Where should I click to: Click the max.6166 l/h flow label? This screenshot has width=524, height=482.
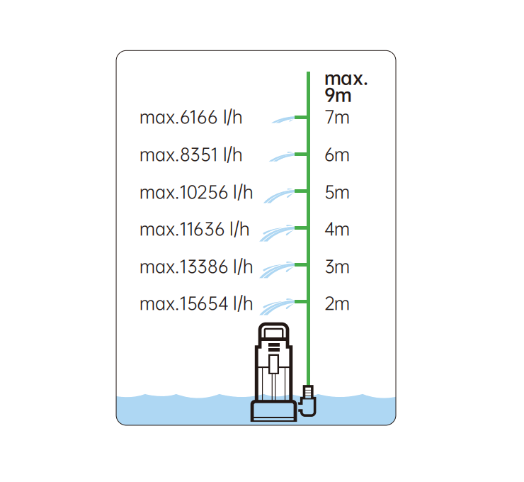click(190, 118)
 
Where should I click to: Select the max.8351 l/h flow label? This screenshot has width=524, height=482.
click(190, 155)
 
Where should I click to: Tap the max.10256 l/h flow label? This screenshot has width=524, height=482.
click(196, 192)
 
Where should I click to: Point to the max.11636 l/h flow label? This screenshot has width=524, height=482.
click(195, 230)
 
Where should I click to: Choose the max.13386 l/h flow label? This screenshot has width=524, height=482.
click(196, 267)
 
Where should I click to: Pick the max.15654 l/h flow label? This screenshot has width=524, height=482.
click(196, 303)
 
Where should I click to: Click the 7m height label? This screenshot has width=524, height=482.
click(337, 118)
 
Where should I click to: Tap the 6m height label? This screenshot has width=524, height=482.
click(337, 155)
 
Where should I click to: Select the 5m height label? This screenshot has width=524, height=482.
click(337, 192)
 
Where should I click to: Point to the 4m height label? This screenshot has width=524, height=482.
click(337, 230)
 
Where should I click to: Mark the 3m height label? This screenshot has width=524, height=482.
click(337, 267)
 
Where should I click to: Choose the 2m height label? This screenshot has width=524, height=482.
click(337, 303)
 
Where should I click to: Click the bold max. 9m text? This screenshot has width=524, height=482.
click(346, 87)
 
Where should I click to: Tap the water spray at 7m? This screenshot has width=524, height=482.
click(283, 120)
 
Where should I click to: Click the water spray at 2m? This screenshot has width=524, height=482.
click(277, 307)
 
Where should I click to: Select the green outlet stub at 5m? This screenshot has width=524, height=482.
click(301, 191)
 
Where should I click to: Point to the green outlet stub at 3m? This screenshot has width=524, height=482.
click(301, 265)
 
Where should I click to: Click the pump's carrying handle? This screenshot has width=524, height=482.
click(274, 332)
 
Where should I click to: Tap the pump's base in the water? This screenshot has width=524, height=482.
click(273, 411)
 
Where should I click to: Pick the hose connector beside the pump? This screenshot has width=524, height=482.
click(308, 400)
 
